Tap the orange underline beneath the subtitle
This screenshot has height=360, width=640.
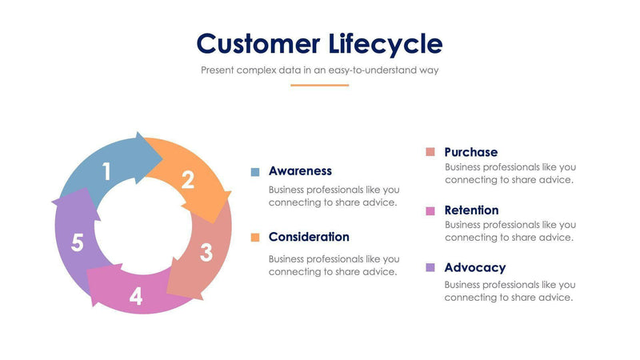319,85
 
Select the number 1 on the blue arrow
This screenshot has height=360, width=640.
106,170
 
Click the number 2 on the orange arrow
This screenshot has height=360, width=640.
187,180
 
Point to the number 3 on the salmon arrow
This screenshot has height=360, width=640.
206,253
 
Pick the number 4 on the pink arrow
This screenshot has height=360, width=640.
136,297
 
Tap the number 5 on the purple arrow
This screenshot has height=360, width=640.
77,243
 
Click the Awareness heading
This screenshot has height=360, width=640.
300,171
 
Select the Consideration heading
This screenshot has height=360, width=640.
309,237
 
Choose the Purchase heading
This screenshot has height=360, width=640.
470,152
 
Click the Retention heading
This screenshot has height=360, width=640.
471,210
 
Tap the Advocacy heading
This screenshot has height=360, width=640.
474,268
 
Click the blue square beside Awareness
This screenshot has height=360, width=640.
255,172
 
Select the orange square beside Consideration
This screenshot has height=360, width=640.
255,238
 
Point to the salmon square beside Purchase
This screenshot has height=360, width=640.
430,152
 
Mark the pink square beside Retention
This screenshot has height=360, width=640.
430,210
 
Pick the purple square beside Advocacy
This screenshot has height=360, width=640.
430,268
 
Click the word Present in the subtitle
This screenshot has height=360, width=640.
218,70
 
